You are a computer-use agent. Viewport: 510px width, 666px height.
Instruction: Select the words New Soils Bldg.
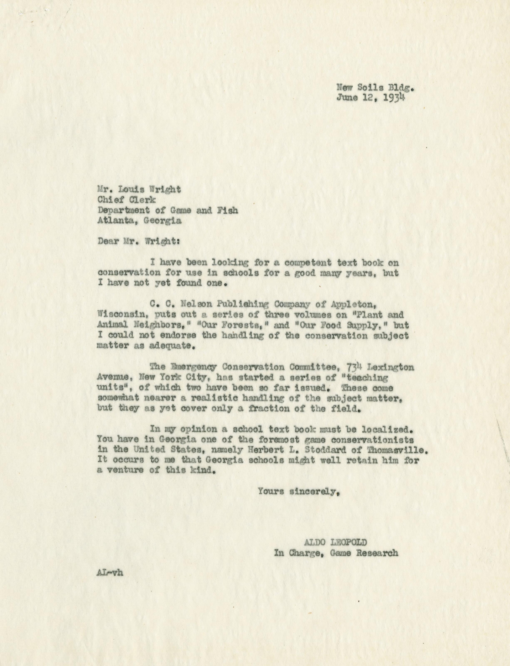tap(375, 88)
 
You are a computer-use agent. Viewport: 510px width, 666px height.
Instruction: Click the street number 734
tap(353, 367)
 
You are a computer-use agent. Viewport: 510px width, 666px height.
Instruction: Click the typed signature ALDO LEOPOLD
tap(335, 542)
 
